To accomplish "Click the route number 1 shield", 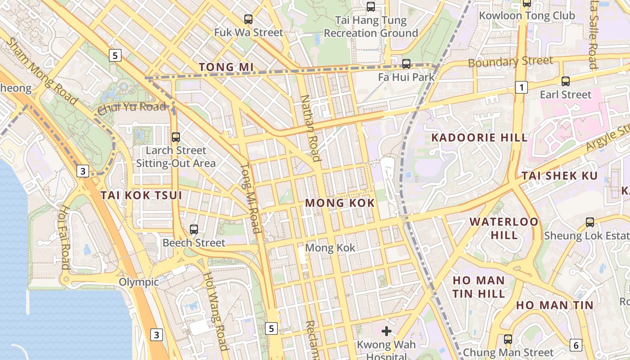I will [x=521, y=87].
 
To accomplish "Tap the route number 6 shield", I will [x=576, y=345].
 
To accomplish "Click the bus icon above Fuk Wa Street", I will [x=248, y=19].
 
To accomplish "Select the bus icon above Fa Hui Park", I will [x=406, y=63].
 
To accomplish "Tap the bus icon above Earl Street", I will [x=566, y=81].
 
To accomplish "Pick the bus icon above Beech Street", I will [x=194, y=229].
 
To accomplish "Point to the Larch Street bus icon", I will [x=176, y=137].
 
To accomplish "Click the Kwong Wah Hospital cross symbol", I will [x=386, y=332].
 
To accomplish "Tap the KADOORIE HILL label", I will [x=479, y=138].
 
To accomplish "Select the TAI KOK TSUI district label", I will [x=141, y=195].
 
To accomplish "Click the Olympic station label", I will [x=139, y=282].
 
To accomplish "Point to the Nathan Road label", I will [x=311, y=128].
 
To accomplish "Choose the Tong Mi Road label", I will [x=251, y=198].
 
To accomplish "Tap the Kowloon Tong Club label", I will [x=526, y=16].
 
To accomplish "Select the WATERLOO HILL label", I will [x=504, y=228].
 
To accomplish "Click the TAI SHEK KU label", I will [x=559, y=176].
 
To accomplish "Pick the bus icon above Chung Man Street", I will [x=508, y=339].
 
